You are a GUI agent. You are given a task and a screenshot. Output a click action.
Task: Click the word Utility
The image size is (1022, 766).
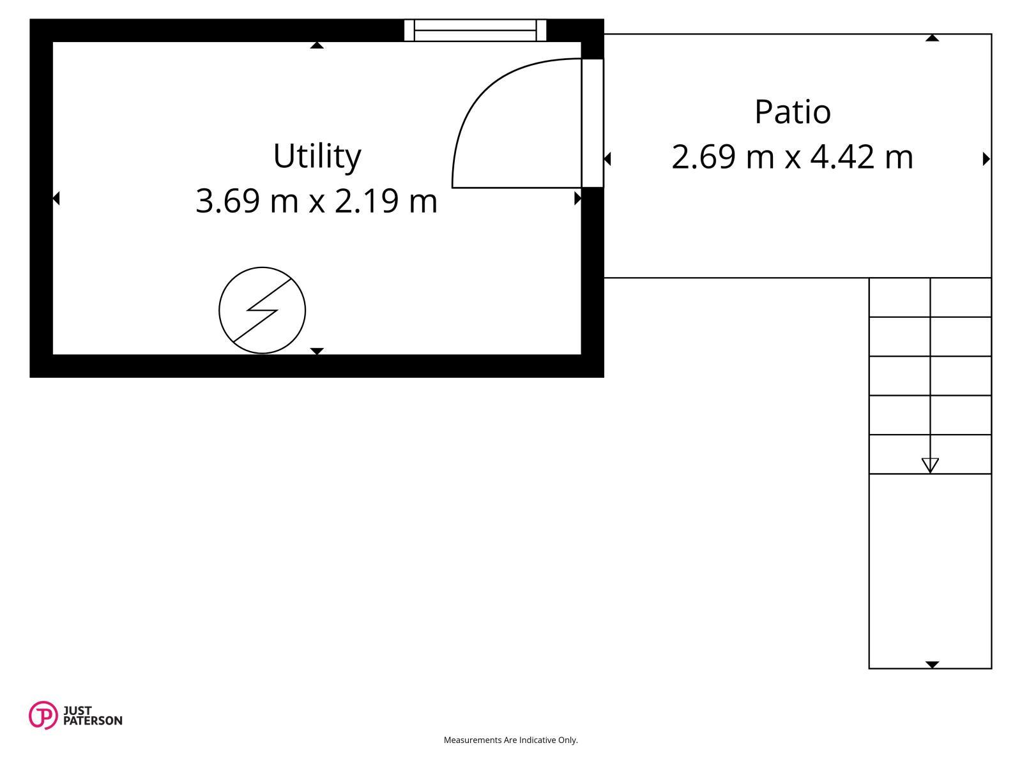tap(317, 157)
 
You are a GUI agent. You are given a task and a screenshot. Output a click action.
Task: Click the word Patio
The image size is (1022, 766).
tap(793, 112)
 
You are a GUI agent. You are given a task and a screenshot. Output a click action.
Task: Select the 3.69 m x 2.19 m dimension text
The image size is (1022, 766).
tap(317, 201)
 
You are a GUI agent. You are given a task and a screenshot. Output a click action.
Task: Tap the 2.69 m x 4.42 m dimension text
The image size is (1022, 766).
tap(793, 157)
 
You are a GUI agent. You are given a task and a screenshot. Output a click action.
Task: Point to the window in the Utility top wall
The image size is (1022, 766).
tap(475, 30)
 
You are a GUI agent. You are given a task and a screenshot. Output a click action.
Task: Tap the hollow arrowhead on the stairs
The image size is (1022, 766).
tap(930, 465)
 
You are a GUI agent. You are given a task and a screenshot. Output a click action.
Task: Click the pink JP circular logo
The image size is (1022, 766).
tap(43, 715)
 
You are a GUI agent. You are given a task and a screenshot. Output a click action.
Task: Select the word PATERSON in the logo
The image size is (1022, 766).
tap(93, 721)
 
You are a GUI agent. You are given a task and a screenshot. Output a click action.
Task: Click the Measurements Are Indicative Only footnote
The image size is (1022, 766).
tap(510, 740)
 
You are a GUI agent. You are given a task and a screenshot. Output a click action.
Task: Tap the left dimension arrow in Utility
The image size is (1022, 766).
tap(56, 199)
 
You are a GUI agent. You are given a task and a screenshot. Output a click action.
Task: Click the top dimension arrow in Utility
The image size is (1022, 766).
tap(317, 45)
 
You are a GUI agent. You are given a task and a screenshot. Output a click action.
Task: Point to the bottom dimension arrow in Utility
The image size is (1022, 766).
tap(317, 351)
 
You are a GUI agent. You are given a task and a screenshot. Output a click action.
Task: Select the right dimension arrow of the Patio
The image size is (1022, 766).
tap(986, 159)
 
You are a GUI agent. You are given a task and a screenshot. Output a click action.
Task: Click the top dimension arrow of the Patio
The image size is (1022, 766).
tap(932, 38)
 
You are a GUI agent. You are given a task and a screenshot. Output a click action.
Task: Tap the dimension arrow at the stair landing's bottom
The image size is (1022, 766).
tap(932, 665)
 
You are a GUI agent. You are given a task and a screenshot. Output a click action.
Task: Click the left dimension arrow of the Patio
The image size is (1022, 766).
tap(607, 159)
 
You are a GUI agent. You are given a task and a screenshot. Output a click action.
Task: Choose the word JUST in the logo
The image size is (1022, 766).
tap(77, 710)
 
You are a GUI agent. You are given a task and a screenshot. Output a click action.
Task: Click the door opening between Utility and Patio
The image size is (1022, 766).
tap(592, 123)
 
